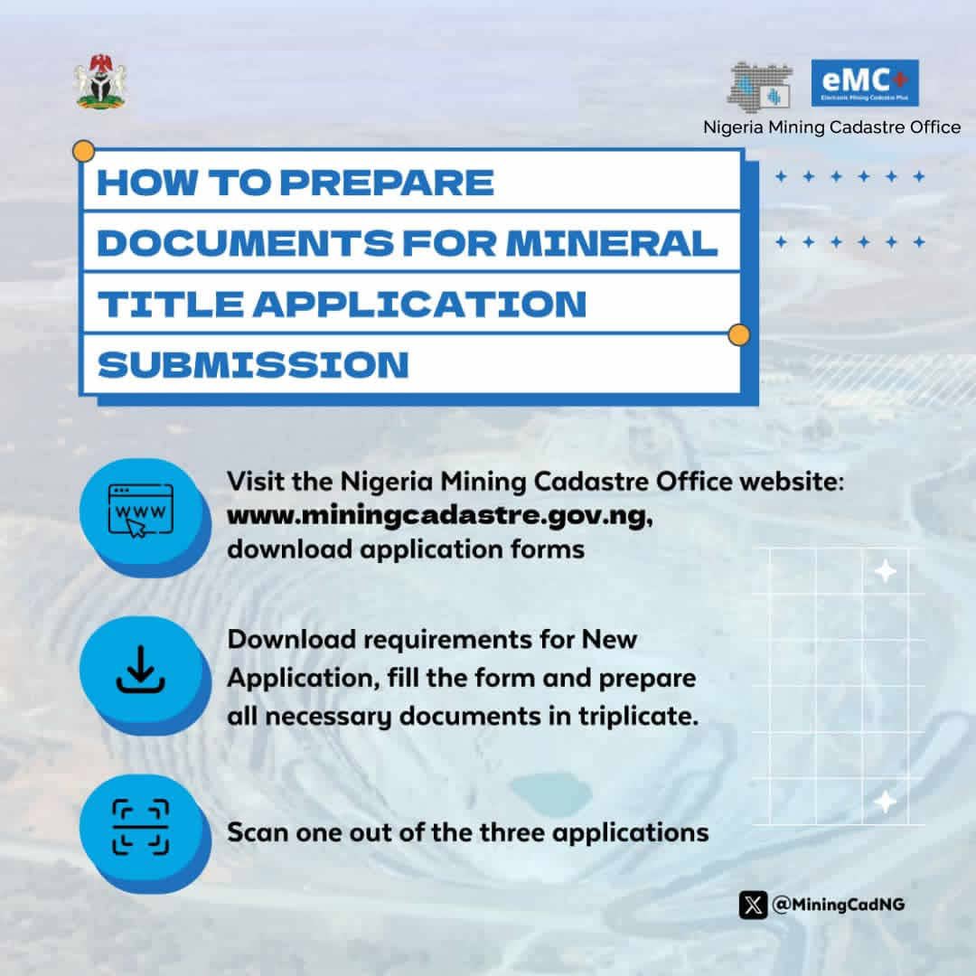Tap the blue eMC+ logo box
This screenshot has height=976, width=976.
pos(865,83)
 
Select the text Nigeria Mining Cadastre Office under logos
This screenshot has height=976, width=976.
pos(832,127)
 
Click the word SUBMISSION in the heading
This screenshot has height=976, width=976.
pos(253,364)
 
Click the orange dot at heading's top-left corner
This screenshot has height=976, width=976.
pos(83,150)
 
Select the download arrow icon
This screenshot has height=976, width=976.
pos(141,670)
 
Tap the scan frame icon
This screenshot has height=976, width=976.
pos(140,826)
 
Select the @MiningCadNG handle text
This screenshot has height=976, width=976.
pos(839,905)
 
